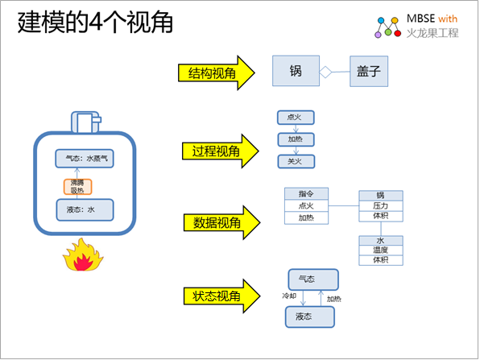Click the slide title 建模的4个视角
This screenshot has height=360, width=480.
click(95, 23)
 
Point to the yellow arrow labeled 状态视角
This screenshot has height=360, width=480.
click(221, 296)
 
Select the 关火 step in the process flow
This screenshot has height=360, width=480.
click(295, 161)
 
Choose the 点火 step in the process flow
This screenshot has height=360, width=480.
click(295, 118)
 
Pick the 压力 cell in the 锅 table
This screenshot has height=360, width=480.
click(380, 206)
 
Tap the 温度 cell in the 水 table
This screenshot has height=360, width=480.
click(380, 250)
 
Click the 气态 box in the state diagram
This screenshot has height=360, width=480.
click(307, 279)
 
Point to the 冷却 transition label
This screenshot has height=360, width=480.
click(288, 296)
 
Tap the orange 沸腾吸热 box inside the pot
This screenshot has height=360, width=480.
click(77, 186)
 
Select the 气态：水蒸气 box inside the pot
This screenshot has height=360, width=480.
click(85, 159)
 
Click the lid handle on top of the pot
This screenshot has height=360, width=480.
click(85, 121)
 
